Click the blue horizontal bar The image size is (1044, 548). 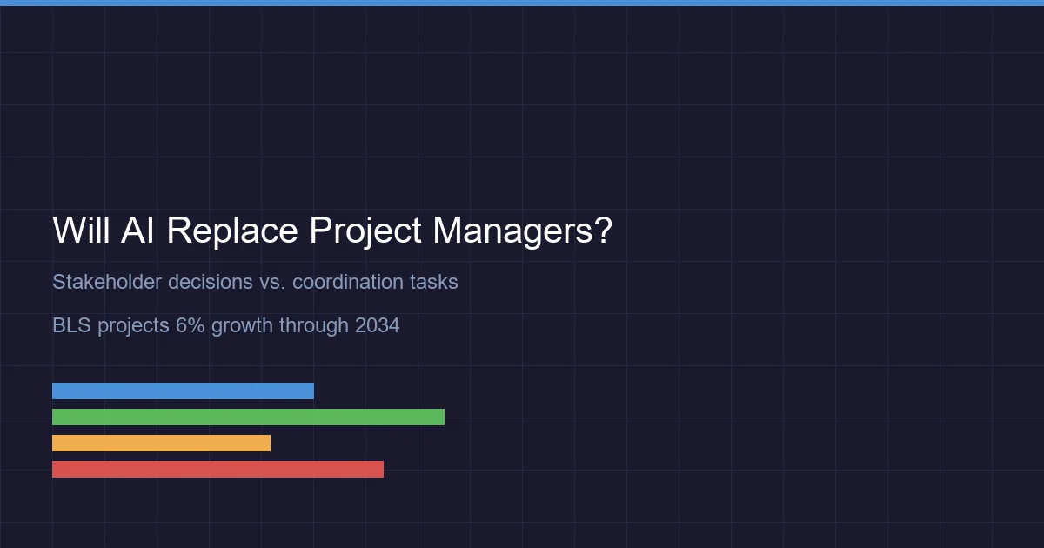[183, 391]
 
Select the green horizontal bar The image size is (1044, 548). [248, 417]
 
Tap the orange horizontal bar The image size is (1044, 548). [161, 443]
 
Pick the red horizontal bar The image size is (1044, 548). [217, 469]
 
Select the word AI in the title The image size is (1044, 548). [137, 231]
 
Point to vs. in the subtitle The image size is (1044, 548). [273, 282]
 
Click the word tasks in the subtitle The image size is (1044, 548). [434, 282]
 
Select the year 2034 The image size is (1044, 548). [377, 325]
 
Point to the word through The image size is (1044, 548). [314, 325]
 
